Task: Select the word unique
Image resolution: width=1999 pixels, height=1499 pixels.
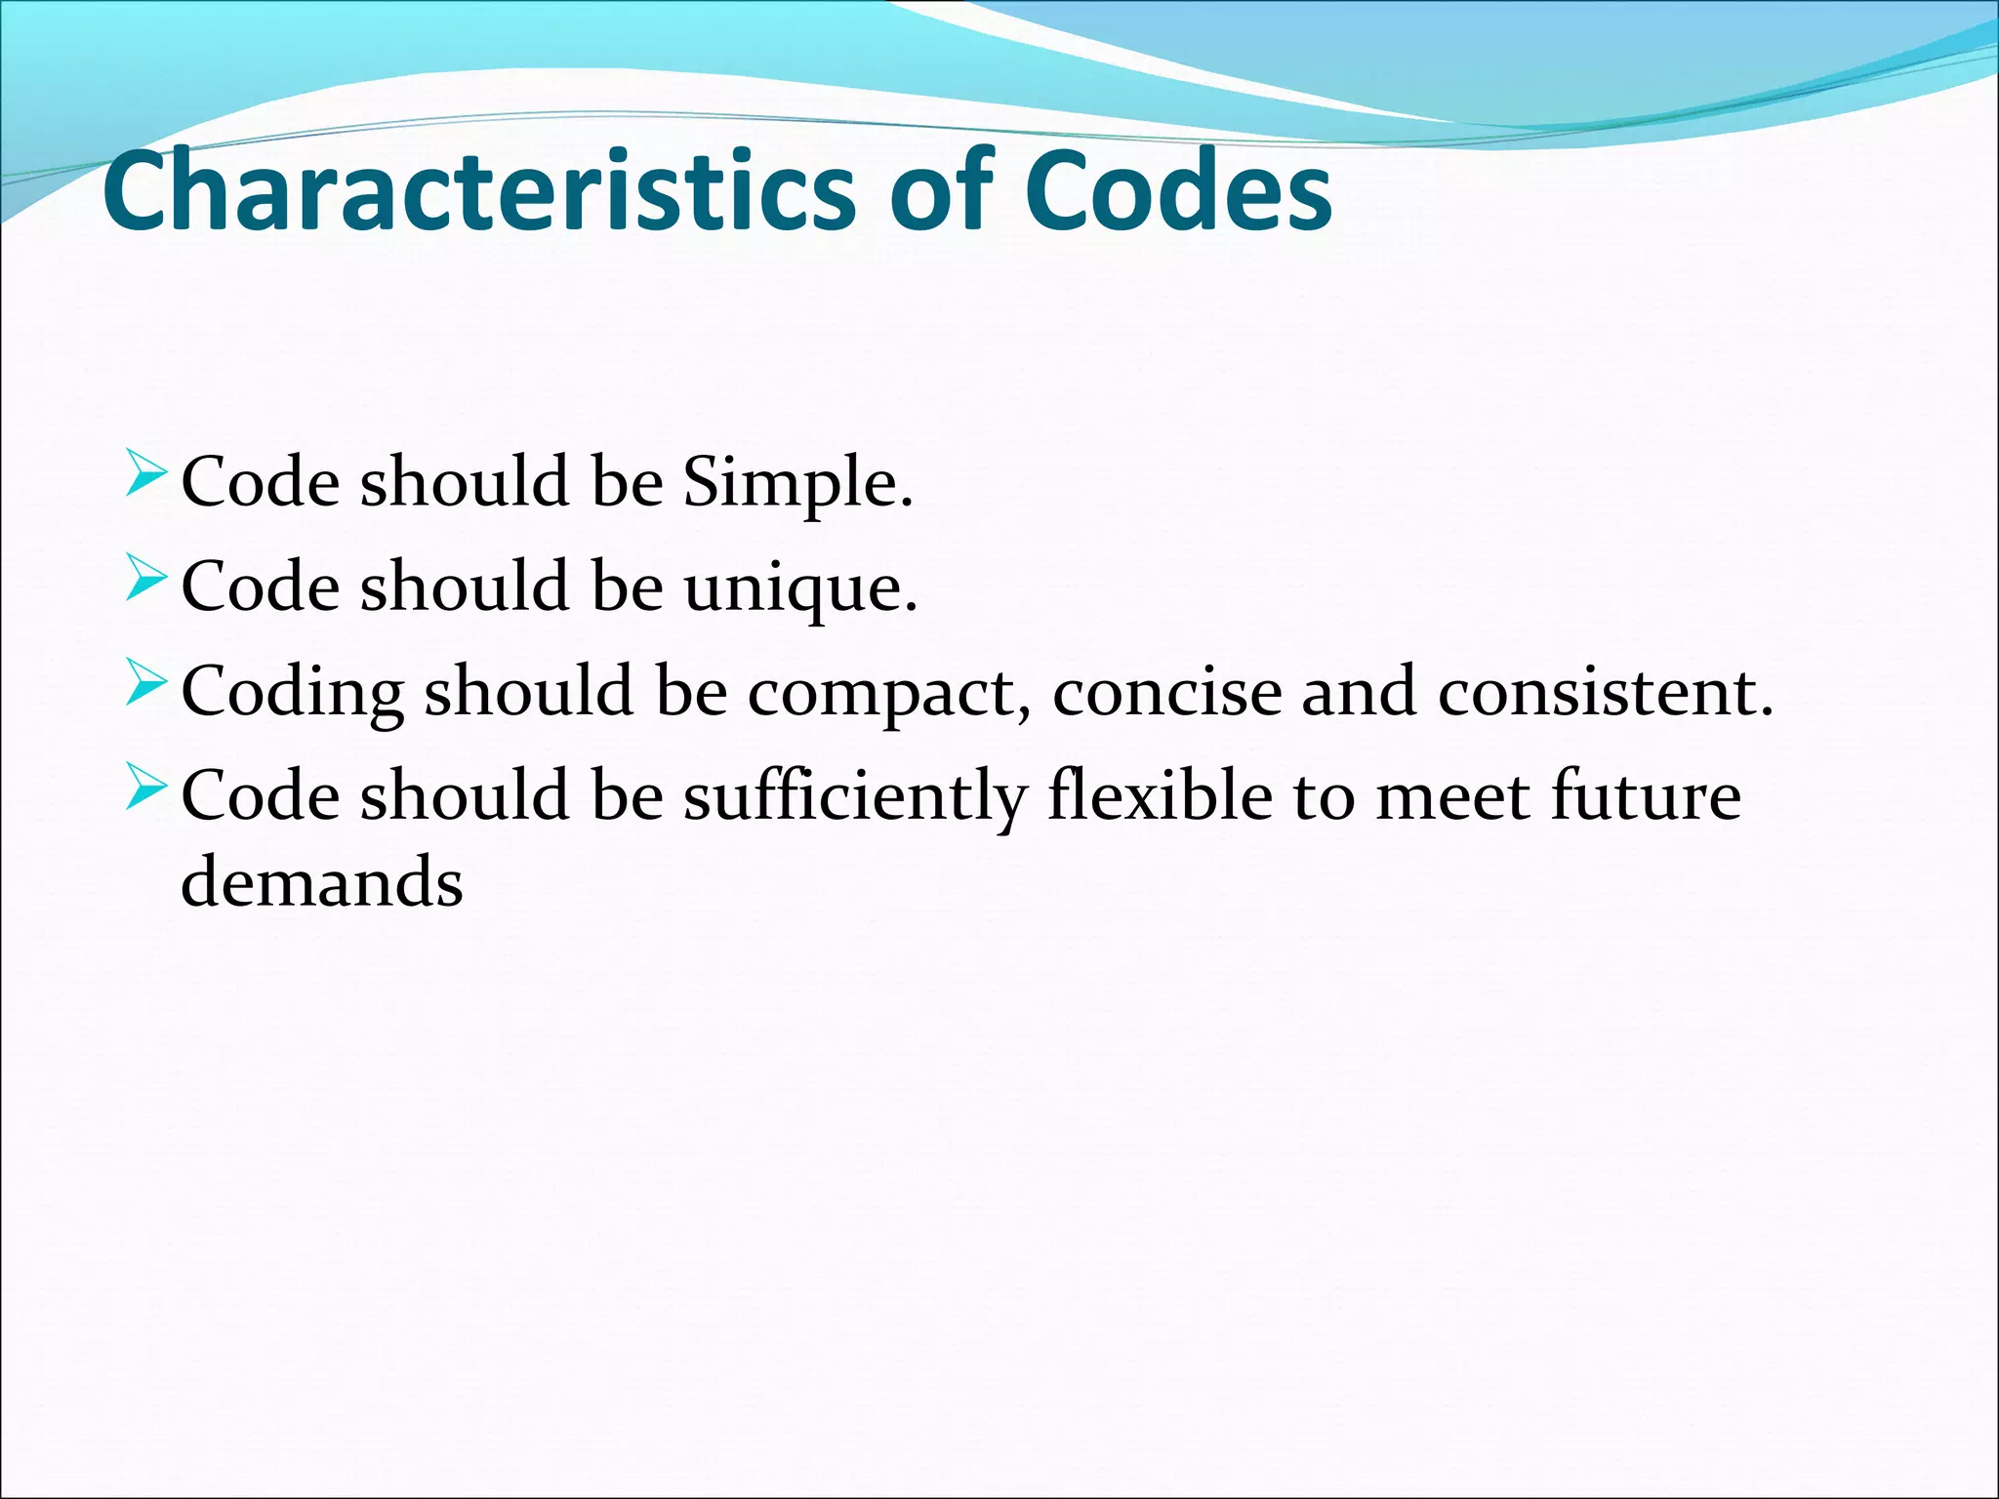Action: [x=799, y=589]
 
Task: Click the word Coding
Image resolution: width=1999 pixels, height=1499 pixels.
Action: [x=292, y=693]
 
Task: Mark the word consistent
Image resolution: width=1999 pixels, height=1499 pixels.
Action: [x=1605, y=693]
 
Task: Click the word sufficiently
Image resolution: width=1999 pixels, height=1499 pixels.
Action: [x=854, y=797]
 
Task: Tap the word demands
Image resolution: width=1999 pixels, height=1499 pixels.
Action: [x=322, y=881]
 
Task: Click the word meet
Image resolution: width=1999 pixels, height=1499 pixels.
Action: [x=1452, y=797]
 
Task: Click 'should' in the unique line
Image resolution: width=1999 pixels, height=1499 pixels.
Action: [x=465, y=587]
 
